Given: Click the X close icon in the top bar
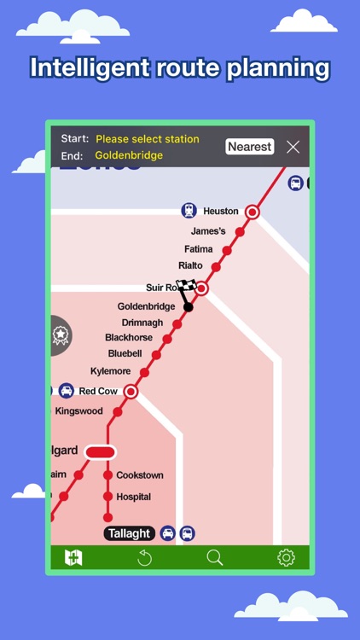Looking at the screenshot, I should pyautogui.click(x=293, y=147).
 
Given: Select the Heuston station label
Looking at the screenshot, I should pyautogui.click(x=221, y=211).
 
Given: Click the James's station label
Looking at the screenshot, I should pyautogui.click(x=208, y=231).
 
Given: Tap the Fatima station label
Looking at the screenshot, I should pyautogui.click(x=199, y=249).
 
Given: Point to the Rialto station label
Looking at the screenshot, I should pyautogui.click(x=191, y=266).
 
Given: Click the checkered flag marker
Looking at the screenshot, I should pyautogui.click(x=186, y=288).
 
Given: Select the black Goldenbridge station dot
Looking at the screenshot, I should pyautogui.click(x=189, y=307).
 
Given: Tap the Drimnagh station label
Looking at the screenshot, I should pyautogui.click(x=142, y=323).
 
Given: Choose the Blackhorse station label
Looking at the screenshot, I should pyautogui.click(x=129, y=338).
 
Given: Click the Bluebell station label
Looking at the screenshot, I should pyautogui.click(x=125, y=354).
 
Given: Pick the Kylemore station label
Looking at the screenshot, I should pyautogui.click(x=111, y=371).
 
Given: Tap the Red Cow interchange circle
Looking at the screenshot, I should pyautogui.click(x=131, y=392).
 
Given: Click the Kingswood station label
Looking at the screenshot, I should pyautogui.click(x=79, y=411).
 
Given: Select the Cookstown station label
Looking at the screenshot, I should pyautogui.click(x=140, y=475).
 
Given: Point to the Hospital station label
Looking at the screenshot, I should pyautogui.click(x=134, y=497).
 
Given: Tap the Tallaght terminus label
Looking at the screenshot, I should pyautogui.click(x=130, y=533).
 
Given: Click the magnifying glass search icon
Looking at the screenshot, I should pyautogui.click(x=215, y=558).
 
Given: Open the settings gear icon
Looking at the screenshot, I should pyautogui.click(x=286, y=558).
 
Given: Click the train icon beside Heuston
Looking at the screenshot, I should pyautogui.click(x=189, y=211).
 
